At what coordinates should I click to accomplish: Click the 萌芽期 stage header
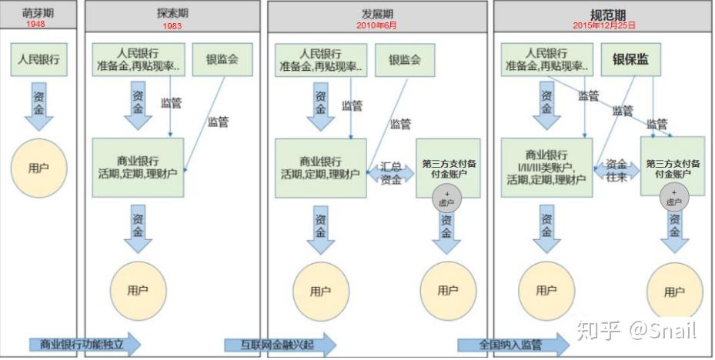pos(38,13)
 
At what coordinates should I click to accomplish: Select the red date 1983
pos(172,26)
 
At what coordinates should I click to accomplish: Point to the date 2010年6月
pos(376,25)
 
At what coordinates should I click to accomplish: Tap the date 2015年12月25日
pos(604,25)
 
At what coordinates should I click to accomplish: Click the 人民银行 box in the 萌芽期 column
pos(38,59)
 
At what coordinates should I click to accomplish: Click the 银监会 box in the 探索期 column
pos(222,59)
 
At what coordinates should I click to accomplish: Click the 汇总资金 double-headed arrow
pos(391,173)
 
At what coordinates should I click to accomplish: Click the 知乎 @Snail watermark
pos(636,330)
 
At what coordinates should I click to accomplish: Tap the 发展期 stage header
pos(377,13)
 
